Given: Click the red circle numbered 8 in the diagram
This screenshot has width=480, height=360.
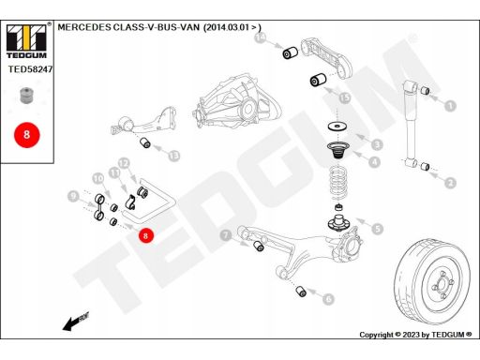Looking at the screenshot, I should tap(146, 235).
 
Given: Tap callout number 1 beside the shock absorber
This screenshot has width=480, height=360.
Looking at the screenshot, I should tap(450, 107).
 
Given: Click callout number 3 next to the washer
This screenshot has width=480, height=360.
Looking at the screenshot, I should tap(376, 144).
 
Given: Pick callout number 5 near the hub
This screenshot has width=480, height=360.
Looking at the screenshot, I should tap(376, 228).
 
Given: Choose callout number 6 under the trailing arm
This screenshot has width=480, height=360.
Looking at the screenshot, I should tap(328, 299).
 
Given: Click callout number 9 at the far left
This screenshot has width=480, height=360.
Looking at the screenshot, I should tap(72, 195).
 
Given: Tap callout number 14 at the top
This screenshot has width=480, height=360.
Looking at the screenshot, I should tap(261, 37).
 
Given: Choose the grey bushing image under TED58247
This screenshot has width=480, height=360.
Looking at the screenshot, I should tap(26, 96).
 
